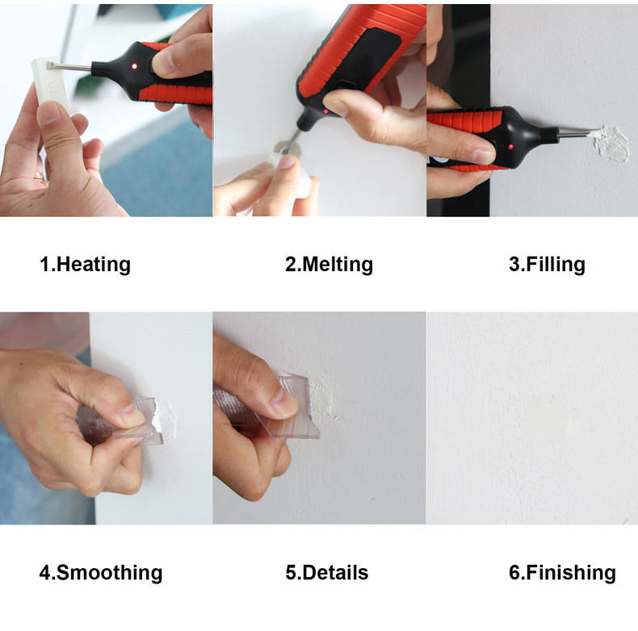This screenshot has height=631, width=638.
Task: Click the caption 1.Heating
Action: point(85,265)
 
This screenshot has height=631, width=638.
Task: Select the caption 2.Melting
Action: point(329,265)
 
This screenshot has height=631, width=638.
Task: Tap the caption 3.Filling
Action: point(547,265)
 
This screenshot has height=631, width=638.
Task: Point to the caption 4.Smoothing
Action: point(101,572)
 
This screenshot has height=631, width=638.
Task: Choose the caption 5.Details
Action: point(327,572)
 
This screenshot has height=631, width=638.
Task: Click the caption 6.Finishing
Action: point(562,572)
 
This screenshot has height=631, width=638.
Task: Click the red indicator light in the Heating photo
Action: point(134,66)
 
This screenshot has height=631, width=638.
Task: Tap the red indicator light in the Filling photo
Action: point(510,146)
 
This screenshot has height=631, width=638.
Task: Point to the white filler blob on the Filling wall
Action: point(611,145)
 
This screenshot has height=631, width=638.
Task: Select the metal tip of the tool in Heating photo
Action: point(71,67)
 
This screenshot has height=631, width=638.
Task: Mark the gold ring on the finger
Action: point(38,176)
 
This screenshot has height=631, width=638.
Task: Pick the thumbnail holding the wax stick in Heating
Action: point(51,113)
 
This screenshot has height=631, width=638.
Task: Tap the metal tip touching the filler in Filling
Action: point(577,132)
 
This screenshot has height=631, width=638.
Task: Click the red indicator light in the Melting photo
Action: point(325,111)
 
